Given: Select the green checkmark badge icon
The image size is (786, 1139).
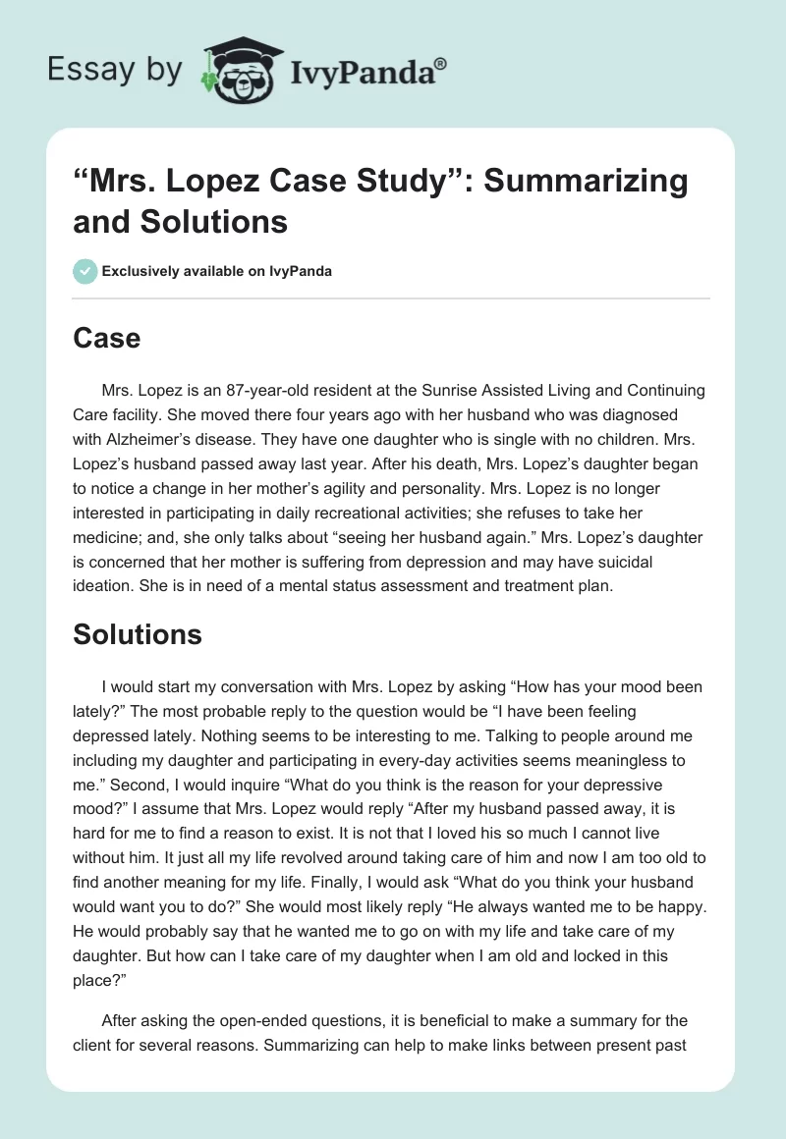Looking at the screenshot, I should coord(85,271).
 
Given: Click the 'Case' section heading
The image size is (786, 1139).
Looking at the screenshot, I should coord(106,339).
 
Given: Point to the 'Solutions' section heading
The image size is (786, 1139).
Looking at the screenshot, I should coord(138,634).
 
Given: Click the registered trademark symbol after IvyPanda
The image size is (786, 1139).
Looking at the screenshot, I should coord(440,63).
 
